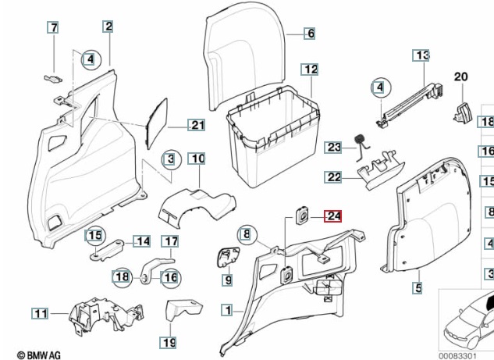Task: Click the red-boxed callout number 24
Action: (x=333, y=216)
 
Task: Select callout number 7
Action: (x=53, y=28)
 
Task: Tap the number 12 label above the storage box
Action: (x=311, y=70)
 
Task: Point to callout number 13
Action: (x=421, y=55)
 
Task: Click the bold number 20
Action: (x=460, y=77)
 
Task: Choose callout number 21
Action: (x=310, y=34)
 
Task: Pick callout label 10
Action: (x=197, y=159)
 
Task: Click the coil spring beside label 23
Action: (x=361, y=141)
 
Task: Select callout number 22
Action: (x=334, y=178)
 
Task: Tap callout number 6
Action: (x=310, y=34)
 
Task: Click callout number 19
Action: (x=169, y=342)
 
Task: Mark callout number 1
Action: (x=226, y=310)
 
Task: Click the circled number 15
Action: (x=94, y=236)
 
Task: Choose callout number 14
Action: (x=143, y=241)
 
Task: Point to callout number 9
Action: (x=229, y=280)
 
